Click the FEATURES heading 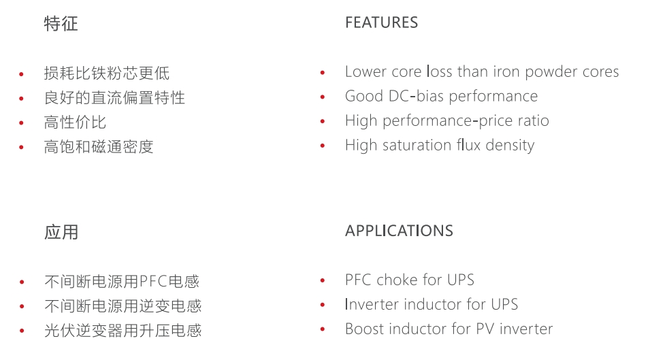pos(381,22)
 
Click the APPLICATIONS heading pos(399,231)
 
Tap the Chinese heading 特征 pos(61,24)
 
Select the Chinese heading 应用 pos(61,232)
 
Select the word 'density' pos(510,146)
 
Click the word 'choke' pos(397,280)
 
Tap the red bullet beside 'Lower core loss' pos(323,73)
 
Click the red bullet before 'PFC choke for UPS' pos(323,281)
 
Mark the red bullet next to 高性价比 pos(22,123)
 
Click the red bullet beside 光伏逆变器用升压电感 pos(22,331)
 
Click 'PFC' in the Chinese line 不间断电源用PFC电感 pos(153,282)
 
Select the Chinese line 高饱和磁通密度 pos(99,147)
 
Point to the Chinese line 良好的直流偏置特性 pos(114,98)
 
